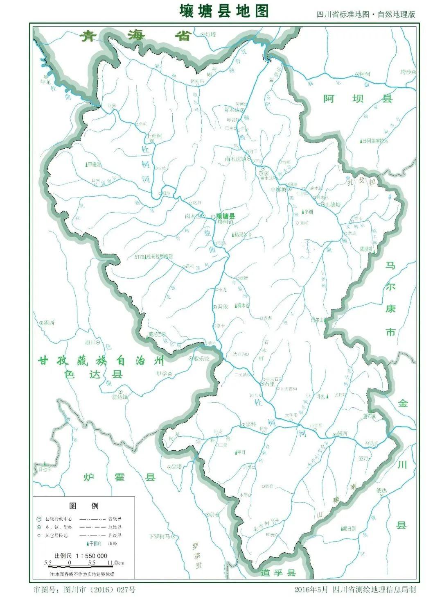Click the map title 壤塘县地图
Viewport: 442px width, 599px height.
pyautogui.click(x=224, y=11)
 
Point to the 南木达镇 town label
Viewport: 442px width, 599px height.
pyautogui.click(x=236, y=158)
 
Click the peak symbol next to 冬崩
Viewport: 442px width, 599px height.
pyautogui.click(x=303, y=212)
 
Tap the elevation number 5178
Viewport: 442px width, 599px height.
pyautogui.click(x=140, y=257)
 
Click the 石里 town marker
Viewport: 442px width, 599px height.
pyautogui.click(x=262, y=384)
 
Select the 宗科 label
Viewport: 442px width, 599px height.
pyautogui.click(x=251, y=424)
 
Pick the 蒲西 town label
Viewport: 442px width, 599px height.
pyautogui.click(x=342, y=433)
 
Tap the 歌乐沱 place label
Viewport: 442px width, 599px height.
pyautogui.click(x=201, y=358)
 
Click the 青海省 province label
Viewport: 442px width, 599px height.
pyautogui.click(x=136, y=36)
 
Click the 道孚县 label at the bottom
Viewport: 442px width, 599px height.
pyautogui.click(x=278, y=572)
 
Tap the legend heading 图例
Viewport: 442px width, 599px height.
pyautogui.click(x=84, y=506)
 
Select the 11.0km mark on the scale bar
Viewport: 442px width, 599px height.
pyautogui.click(x=116, y=563)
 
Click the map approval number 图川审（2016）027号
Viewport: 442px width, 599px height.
pyautogui.click(x=84, y=590)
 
